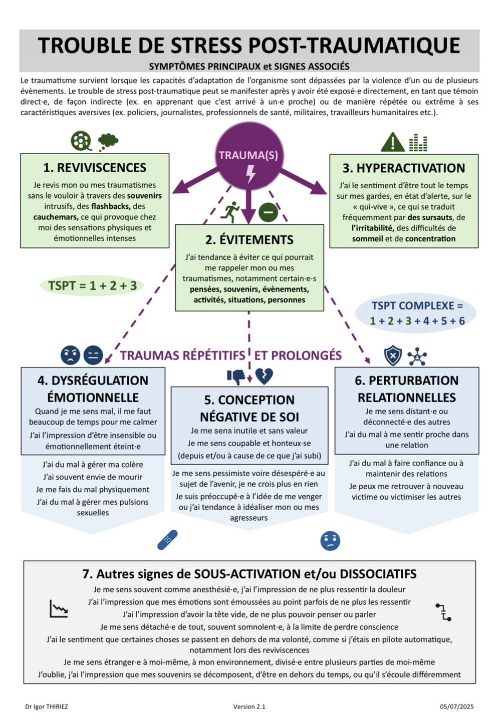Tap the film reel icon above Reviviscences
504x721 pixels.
(82, 141)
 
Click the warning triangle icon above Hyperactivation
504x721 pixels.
(393, 142)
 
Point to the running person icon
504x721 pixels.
(229, 212)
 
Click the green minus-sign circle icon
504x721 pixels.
(268, 212)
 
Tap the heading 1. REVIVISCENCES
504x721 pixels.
(95, 168)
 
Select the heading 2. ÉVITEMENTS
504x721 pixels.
(249, 240)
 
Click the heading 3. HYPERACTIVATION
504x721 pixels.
(403, 168)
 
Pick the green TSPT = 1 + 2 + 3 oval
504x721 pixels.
(92, 285)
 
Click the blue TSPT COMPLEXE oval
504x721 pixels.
(415, 312)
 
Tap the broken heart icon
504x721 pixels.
(264, 377)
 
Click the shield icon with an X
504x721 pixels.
(393, 355)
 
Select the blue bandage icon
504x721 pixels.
(167, 540)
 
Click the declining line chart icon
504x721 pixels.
(59, 608)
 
